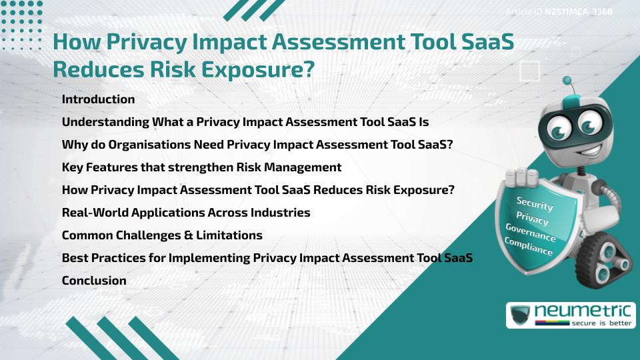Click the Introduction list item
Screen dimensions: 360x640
[98, 99]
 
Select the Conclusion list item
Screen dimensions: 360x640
[94, 281]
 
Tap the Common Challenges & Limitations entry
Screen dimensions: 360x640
[162, 235]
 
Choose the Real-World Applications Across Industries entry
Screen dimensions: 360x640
[186, 213]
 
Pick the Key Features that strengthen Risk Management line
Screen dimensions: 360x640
[201, 167]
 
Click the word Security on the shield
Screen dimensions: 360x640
[535, 203]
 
